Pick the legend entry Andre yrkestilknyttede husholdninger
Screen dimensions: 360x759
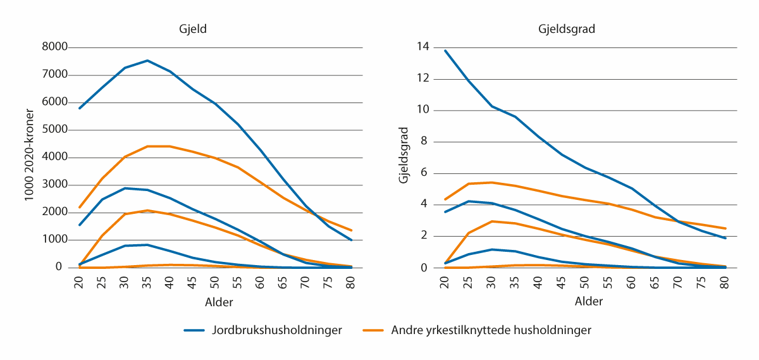pos(491,330)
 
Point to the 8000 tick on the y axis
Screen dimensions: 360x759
pos(54,47)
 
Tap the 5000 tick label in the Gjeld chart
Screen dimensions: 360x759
pos(54,130)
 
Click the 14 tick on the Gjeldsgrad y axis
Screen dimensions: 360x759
pos(423,47)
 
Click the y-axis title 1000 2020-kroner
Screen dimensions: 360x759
pos(29,157)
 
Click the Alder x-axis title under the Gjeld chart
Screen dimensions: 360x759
pos(219,302)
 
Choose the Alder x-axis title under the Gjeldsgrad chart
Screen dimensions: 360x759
pos(588,302)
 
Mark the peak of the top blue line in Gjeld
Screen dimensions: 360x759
pos(147,61)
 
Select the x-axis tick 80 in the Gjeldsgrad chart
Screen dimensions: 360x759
pos(725,280)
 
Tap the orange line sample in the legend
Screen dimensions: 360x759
pos(374,330)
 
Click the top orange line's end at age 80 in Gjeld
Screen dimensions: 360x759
pos(351,230)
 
